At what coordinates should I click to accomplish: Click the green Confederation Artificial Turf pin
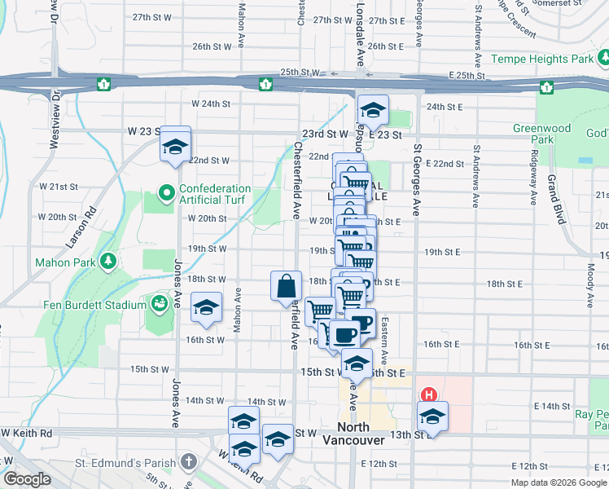(167, 194)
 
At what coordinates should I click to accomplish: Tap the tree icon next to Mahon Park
(107, 261)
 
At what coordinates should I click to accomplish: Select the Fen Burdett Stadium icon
(160, 304)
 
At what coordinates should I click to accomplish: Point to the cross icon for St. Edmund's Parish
(189, 463)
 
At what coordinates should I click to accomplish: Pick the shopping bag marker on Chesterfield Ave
(287, 286)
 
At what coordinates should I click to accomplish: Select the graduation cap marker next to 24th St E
(373, 109)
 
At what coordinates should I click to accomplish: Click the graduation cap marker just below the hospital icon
(432, 417)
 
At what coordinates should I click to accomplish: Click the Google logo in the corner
(27, 479)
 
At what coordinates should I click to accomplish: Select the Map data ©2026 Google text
(559, 482)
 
